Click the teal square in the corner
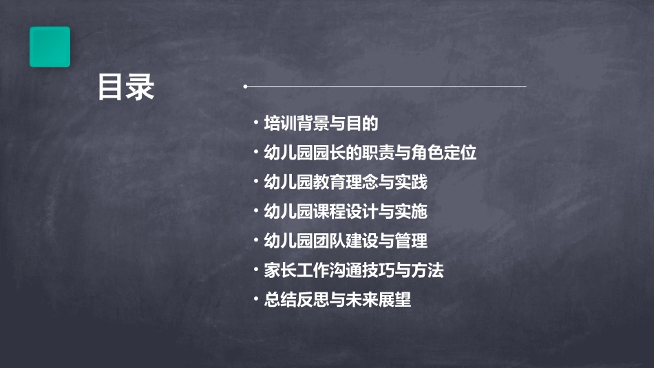(50, 47)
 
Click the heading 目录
(126, 87)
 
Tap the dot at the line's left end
(245, 86)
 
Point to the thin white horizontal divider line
(386, 86)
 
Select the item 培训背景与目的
(321, 124)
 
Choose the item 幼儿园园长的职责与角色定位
(370, 153)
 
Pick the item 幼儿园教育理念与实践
(346, 182)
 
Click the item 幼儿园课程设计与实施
(346, 212)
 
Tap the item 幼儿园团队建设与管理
(346, 241)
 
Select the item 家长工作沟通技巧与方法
(354, 270)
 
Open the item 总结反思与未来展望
(337, 300)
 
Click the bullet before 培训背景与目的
(256, 124)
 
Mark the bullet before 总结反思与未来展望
(256, 299)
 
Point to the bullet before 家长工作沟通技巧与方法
(256, 270)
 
